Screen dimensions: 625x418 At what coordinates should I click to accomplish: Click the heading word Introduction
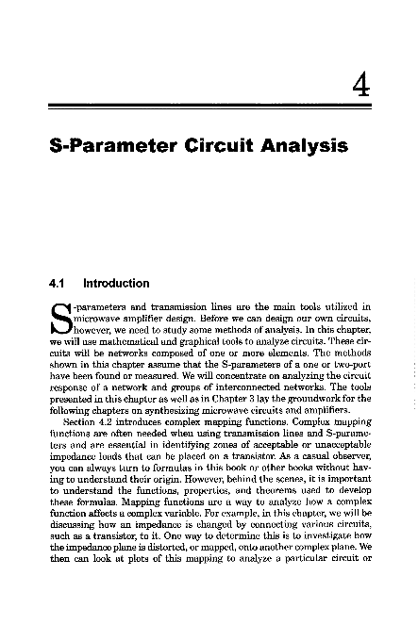click(x=116, y=283)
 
